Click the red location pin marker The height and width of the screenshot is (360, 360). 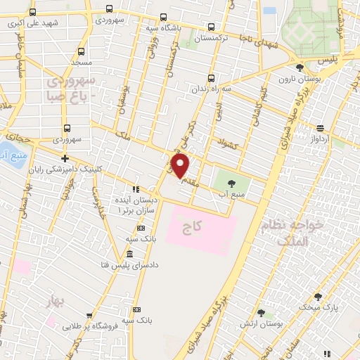181,167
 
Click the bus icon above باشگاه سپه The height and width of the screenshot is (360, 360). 163,17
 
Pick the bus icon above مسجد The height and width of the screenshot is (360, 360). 81,52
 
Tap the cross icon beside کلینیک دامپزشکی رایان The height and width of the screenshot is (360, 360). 65,159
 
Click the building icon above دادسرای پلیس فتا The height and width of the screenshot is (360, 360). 130,254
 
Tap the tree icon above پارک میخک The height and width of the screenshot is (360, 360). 317,297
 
